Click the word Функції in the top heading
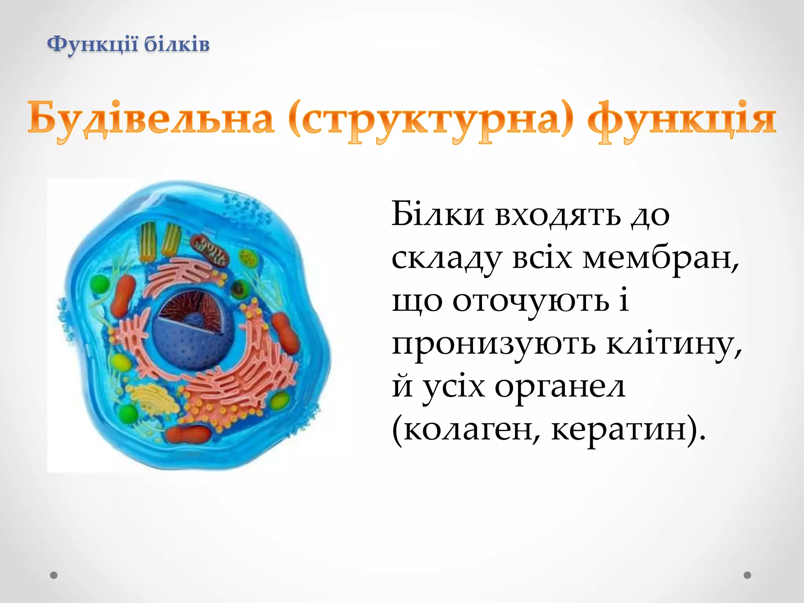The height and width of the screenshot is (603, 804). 93,44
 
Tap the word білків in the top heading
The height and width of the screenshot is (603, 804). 177,44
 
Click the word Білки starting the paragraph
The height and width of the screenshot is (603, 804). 438,215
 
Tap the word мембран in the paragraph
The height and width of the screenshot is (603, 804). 660,258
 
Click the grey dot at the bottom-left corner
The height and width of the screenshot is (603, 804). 54,575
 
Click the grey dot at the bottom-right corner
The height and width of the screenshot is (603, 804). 747,575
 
